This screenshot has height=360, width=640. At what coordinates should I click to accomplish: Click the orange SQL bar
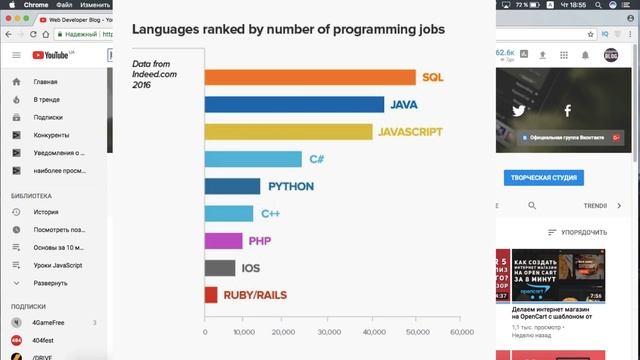coord(310,77)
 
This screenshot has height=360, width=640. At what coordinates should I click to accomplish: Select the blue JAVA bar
coord(294,104)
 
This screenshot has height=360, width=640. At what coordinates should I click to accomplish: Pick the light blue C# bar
coord(253,158)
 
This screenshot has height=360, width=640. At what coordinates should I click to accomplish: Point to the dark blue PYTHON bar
coord(232,186)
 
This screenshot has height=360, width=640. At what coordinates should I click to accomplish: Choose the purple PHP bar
coord(223,240)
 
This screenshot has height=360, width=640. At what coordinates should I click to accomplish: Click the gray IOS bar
coord(220,268)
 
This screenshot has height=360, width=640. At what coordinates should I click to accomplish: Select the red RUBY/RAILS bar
coord(211,295)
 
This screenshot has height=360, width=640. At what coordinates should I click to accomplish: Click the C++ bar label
coord(270,213)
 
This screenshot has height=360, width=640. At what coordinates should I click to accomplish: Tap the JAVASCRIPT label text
coord(410,131)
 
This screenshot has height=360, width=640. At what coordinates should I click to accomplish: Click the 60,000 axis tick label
coord(461,332)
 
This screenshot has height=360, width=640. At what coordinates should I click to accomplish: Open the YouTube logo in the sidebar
coord(52,56)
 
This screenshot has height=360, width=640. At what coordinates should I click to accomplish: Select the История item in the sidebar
coord(46,212)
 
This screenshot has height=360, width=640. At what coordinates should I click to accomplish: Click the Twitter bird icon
coord(519,111)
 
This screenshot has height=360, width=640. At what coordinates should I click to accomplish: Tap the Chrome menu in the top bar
coord(44,5)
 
